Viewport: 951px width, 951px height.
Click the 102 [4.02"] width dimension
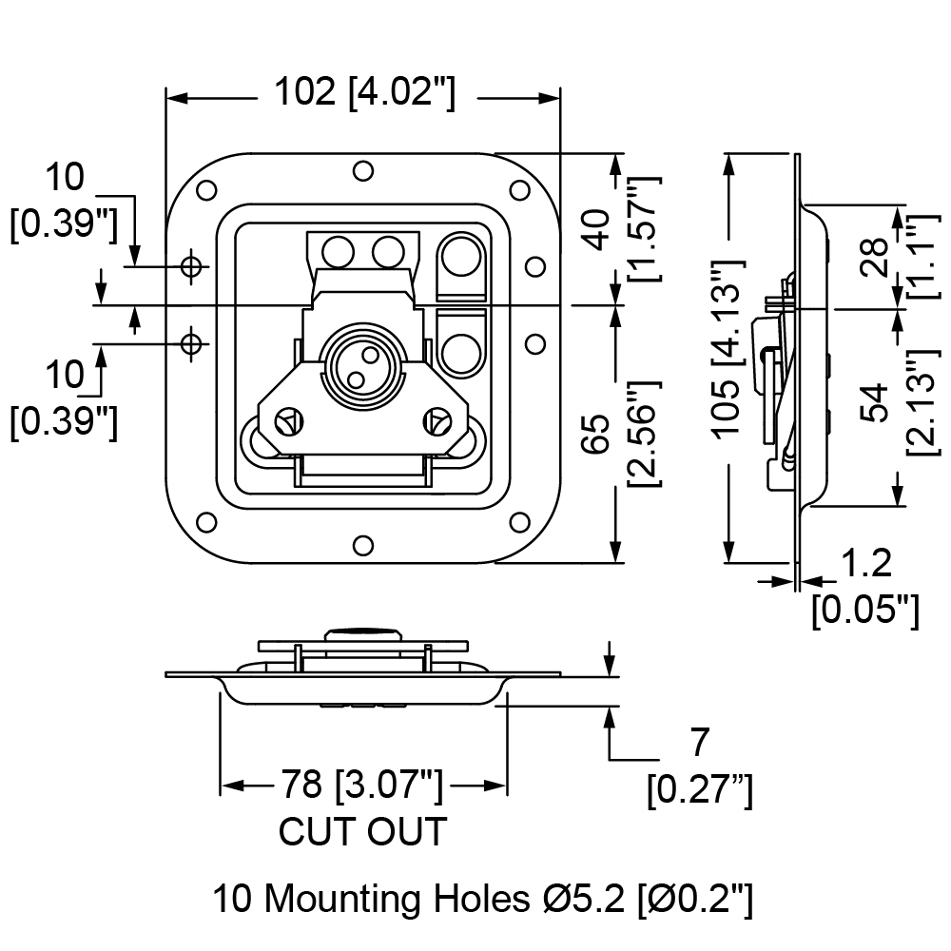364,92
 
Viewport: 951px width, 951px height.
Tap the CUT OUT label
362,831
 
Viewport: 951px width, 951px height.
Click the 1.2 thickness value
867,563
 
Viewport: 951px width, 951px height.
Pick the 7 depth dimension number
699,742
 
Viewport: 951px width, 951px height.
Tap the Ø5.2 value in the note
584,899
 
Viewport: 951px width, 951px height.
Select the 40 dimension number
598,229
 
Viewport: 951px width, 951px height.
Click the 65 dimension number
598,434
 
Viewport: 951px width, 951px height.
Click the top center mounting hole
363,171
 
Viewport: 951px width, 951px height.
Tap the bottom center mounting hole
363,546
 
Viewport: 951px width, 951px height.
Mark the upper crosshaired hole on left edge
192,265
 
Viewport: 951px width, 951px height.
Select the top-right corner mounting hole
519,190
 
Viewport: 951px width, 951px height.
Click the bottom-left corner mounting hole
206,522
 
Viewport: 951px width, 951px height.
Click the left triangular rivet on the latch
290,422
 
